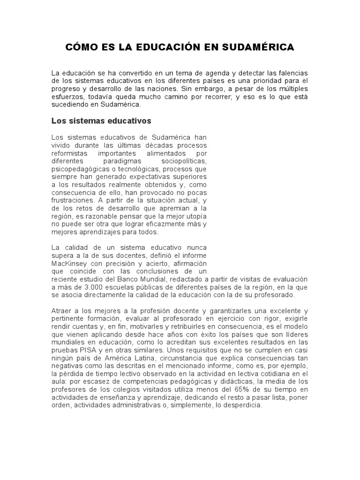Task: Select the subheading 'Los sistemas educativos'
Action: [x=101, y=121]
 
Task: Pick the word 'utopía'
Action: [x=195, y=216]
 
